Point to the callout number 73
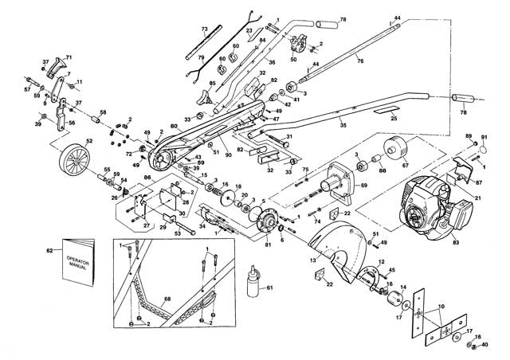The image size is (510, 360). tap(204, 29)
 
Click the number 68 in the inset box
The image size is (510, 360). tap(167, 299)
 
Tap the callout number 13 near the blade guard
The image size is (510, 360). tap(313, 260)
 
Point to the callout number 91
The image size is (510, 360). tap(483, 138)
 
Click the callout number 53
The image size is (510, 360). tap(177, 233)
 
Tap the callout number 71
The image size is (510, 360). tap(69, 57)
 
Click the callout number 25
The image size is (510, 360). tap(393, 118)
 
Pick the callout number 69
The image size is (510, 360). tap(364, 185)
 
